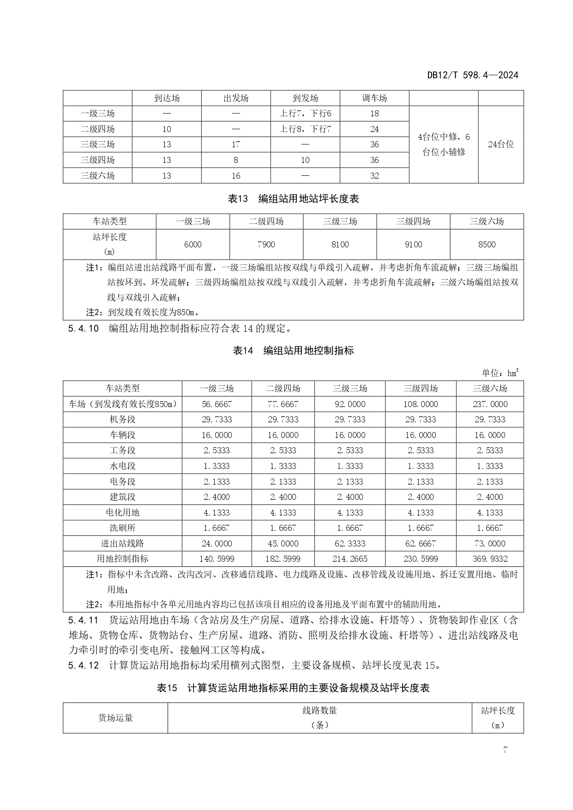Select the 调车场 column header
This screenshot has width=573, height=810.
pyautogui.click(x=374, y=98)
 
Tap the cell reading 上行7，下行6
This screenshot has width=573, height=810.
pyautogui.click(x=305, y=114)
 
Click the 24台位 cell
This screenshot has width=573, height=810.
pyautogui.click(x=501, y=144)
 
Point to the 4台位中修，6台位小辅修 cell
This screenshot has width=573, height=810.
pyautogui.click(x=443, y=144)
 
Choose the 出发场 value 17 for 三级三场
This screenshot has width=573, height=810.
pyautogui.click(x=235, y=144)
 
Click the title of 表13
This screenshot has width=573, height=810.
pyautogui.click(x=293, y=199)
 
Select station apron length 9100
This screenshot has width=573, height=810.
pyautogui.click(x=413, y=245)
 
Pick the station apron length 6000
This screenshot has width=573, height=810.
pyautogui.click(x=193, y=245)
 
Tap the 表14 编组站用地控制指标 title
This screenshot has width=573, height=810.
pyautogui.click(x=293, y=351)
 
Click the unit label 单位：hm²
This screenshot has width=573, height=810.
pyautogui.click(x=500, y=373)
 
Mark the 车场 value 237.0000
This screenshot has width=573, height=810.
pyautogui.click(x=489, y=404)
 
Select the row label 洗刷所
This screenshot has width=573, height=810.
pyautogui.click(x=122, y=528)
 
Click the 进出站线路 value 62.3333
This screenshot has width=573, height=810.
pyautogui.click(x=350, y=544)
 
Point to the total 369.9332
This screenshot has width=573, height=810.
pyautogui.click(x=489, y=559)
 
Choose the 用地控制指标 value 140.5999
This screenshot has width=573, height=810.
pyautogui.click(x=217, y=559)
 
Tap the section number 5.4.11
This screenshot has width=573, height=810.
pyautogui.click(x=83, y=620)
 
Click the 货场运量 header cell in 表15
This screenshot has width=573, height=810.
pyautogui.click(x=115, y=718)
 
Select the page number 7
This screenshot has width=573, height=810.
pyautogui.click(x=505, y=750)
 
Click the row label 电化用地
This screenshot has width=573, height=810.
pyautogui.click(x=122, y=512)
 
